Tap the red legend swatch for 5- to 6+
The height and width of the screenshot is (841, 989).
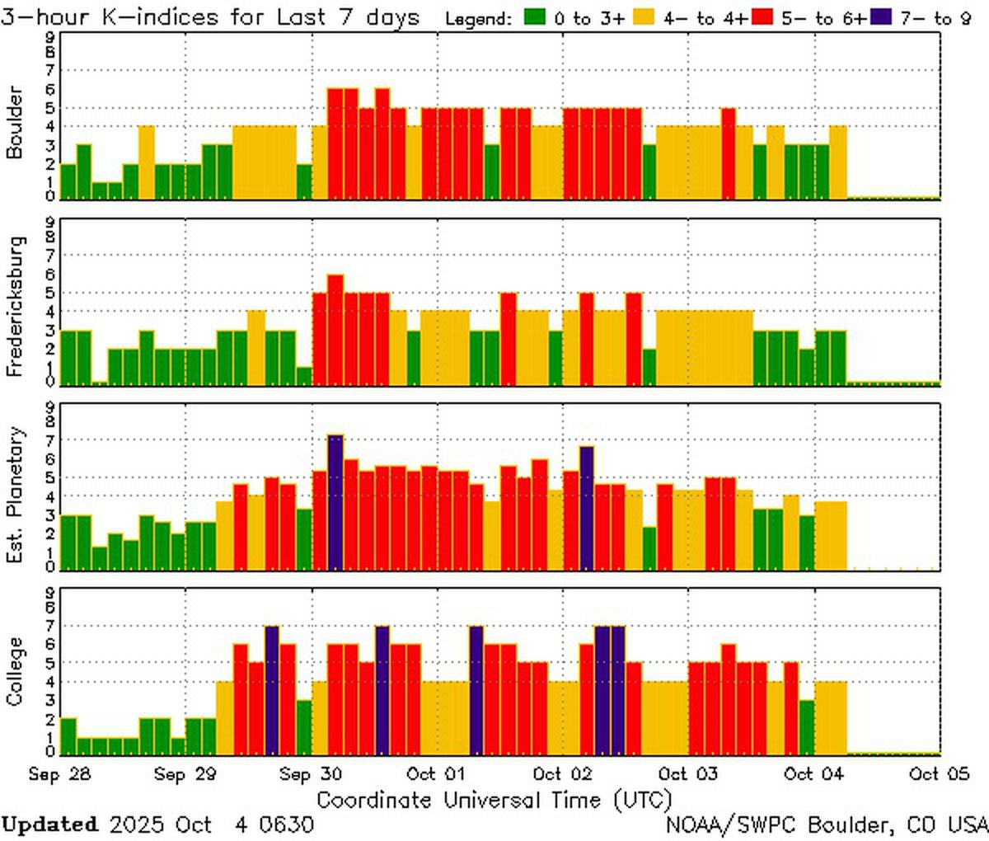coord(762,17)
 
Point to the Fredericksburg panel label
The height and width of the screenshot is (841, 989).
coord(14,307)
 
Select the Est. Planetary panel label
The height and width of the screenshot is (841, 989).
coord(14,495)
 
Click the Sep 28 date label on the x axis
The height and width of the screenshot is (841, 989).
coord(59,774)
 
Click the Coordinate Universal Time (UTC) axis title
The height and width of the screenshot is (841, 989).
coord(494,799)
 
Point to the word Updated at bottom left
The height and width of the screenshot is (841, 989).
coord(49,824)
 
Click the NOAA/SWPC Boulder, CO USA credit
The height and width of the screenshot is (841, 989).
coord(826,824)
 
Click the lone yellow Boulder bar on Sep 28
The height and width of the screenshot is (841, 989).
coord(146,162)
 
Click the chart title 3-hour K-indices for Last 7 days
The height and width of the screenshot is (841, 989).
coord(210,16)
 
